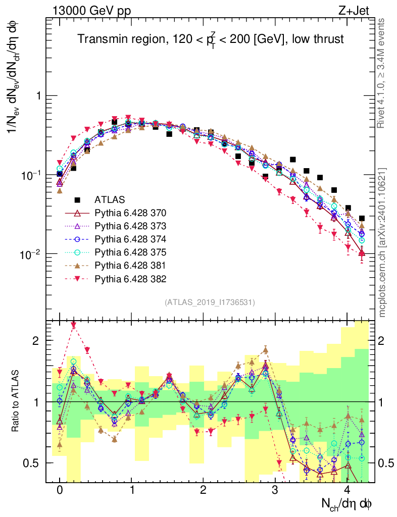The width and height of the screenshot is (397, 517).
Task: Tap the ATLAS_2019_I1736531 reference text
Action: (210, 302)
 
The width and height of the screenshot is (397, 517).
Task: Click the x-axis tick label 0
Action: (60, 490)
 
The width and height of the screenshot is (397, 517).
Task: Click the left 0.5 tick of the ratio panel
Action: (34, 463)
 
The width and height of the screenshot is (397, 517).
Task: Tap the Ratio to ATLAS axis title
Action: (16, 401)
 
